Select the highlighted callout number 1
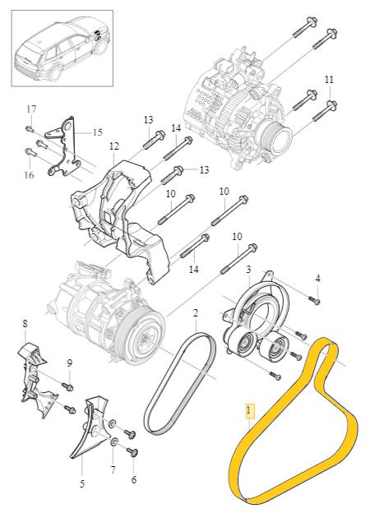pos(250,410)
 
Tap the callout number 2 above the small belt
pos(196,313)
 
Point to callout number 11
pos(329,80)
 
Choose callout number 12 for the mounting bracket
pos(114,146)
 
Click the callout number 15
pos(97,132)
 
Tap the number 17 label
pos(31,109)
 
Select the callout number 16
pos(29,175)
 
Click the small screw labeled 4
pos(315,300)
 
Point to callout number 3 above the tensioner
pos(249,270)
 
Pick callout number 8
pos(25,324)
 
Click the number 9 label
pos(69,363)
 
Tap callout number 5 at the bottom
pos(82,483)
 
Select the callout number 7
pos(114,469)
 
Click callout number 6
pos(133,479)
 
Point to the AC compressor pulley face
pos(144,340)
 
